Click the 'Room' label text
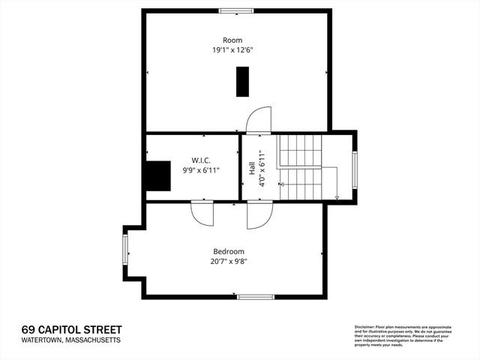(x=232, y=40)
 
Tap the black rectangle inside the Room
(x=242, y=81)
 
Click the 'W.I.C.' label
(x=201, y=160)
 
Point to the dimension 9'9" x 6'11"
(x=201, y=170)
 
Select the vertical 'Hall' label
(x=251, y=168)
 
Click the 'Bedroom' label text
(x=229, y=251)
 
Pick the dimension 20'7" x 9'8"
(x=229, y=262)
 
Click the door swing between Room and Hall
(x=259, y=120)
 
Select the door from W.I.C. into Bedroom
(x=202, y=213)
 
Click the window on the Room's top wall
(x=235, y=10)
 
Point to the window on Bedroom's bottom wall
(x=256, y=297)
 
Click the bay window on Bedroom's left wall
(x=125, y=252)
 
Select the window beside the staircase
(x=355, y=167)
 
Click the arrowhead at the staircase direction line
(x=337, y=197)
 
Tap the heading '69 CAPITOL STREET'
(x=71, y=329)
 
